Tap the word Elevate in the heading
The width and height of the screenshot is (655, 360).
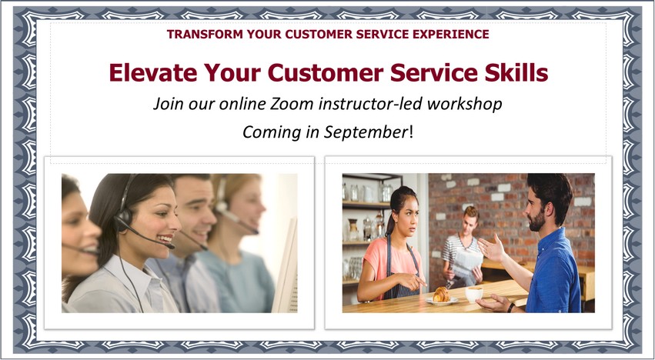(153, 72)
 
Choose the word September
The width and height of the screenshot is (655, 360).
(366, 133)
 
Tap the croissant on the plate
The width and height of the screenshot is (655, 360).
(441, 295)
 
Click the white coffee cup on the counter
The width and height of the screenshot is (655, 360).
(474, 294)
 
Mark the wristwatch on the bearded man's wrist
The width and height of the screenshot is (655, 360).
(510, 308)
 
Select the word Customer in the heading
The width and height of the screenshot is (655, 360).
(326, 72)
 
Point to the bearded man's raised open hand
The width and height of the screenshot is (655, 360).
(491, 248)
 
